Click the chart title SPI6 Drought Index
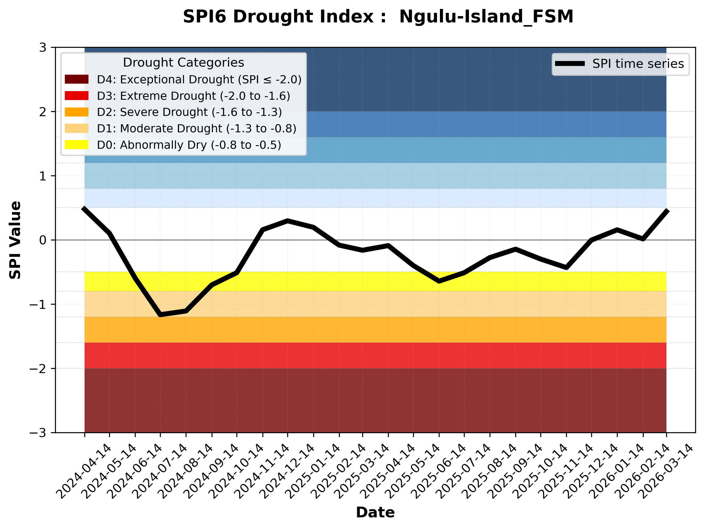pyautogui.click(x=378, y=16)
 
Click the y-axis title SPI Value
pyautogui.click(x=15, y=240)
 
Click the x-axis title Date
pyautogui.click(x=375, y=513)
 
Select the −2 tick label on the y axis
pyautogui.click(x=38, y=369)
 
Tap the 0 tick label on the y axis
pyautogui.click(x=43, y=240)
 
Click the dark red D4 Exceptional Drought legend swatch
pyautogui.click(x=77, y=79)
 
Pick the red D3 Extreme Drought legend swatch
pyautogui.click(x=77, y=96)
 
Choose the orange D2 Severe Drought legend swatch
pyautogui.click(x=77, y=112)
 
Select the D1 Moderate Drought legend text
pyautogui.click(x=196, y=128)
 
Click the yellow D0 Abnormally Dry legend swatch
pyautogui.click(x=77, y=145)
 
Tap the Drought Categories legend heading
pyautogui.click(x=183, y=62)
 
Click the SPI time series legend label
pyautogui.click(x=638, y=64)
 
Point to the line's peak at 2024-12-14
pyautogui.click(x=287, y=220)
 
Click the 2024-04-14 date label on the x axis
pyautogui.click(x=85, y=471)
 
